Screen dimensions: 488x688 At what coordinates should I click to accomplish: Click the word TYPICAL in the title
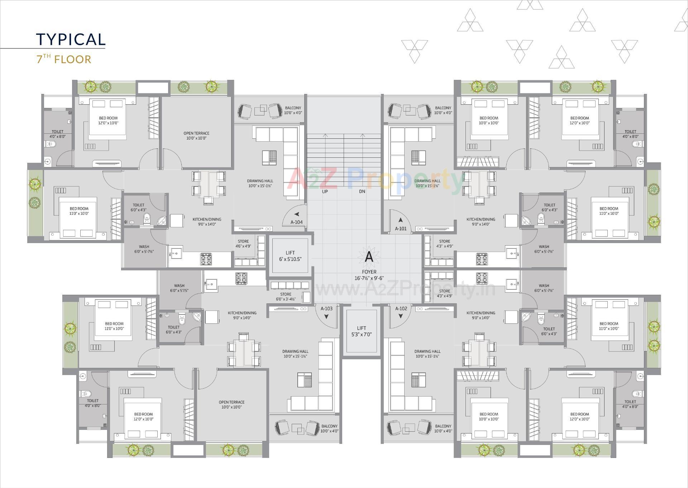pyautogui.click(x=71, y=39)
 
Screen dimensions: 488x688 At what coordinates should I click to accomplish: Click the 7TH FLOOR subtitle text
pyautogui.click(x=64, y=59)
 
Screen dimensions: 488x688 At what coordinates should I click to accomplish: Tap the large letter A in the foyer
pyautogui.click(x=369, y=257)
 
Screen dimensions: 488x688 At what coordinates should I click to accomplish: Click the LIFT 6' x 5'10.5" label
pyautogui.click(x=290, y=256)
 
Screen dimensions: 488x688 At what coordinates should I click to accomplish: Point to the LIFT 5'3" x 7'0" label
pyautogui.click(x=362, y=331)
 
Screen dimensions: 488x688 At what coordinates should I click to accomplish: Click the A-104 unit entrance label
pyautogui.click(x=296, y=222)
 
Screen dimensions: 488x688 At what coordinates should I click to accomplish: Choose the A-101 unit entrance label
pyautogui.click(x=401, y=228)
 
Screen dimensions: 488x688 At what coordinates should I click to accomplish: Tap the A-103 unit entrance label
pyautogui.click(x=326, y=308)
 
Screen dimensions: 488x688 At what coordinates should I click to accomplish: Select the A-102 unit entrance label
pyautogui.click(x=401, y=308)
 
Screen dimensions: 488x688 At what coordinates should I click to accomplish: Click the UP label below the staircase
pyautogui.click(x=325, y=191)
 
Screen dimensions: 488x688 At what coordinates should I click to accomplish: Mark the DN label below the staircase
pyautogui.click(x=362, y=191)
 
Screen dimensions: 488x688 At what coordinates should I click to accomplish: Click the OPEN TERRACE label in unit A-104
pyautogui.click(x=196, y=136)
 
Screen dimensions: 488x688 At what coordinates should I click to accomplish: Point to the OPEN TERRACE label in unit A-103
pyautogui.click(x=231, y=404)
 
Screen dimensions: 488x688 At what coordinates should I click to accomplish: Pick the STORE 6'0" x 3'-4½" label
pyautogui.click(x=286, y=297)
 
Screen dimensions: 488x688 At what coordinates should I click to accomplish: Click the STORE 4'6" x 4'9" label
pyautogui.click(x=243, y=244)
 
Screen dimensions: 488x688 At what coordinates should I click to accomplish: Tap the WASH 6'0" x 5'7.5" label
pyautogui.click(x=179, y=288)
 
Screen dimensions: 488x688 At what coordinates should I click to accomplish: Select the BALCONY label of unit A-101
pyautogui.click(x=443, y=110)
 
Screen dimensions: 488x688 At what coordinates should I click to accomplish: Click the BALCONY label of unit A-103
pyautogui.click(x=329, y=428)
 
